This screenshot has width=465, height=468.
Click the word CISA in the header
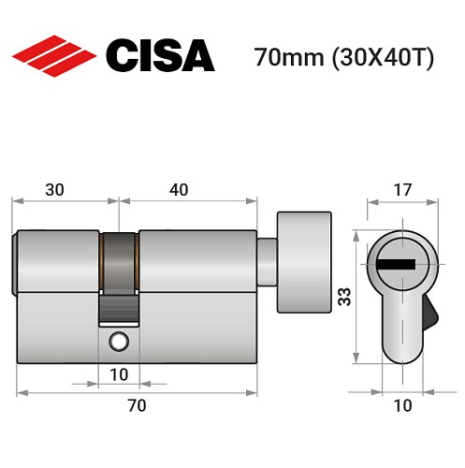pos(160,56)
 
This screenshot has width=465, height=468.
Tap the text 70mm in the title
pos(286,58)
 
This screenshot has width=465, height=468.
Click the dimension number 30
pos(54,189)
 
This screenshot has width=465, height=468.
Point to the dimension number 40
pos(178,189)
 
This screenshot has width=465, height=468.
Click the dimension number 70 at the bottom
pos(137,405)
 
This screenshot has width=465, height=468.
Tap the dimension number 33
pos(344,298)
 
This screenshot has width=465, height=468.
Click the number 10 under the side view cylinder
pos(119,374)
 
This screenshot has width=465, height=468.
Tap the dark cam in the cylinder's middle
pos(119,271)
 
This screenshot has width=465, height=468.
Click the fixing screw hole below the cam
pos(119,340)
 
